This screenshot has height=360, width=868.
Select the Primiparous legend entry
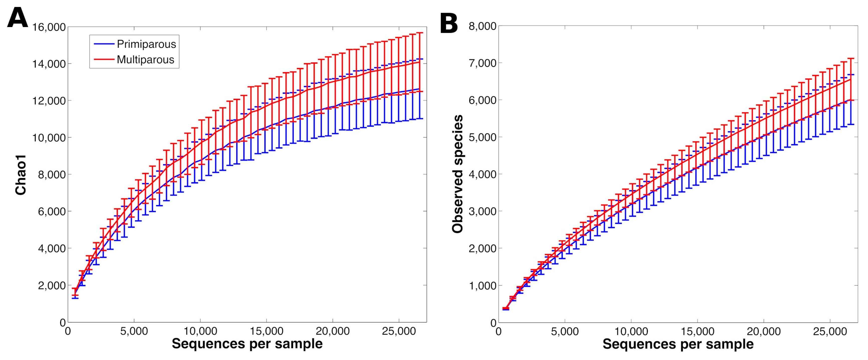pyautogui.click(x=146, y=44)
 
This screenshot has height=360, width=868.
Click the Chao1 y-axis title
pyautogui.click(x=21, y=175)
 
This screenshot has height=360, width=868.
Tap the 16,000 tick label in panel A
pyautogui.click(x=49, y=27)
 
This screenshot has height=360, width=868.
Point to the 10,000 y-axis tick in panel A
pyautogui.click(x=49, y=138)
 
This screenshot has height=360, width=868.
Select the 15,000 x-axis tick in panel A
pyautogui.click(x=267, y=331)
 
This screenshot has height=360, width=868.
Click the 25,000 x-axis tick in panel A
pyautogui.click(x=399, y=331)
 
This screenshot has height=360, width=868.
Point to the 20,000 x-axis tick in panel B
pyautogui.click(x=763, y=331)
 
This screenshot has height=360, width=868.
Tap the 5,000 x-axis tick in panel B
pyautogui.click(x=565, y=331)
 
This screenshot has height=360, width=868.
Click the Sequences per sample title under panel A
pyautogui.click(x=247, y=344)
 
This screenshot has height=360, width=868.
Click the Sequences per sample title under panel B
pyautogui.click(x=678, y=344)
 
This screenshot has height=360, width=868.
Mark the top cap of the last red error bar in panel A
pyautogui.click(x=420, y=33)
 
